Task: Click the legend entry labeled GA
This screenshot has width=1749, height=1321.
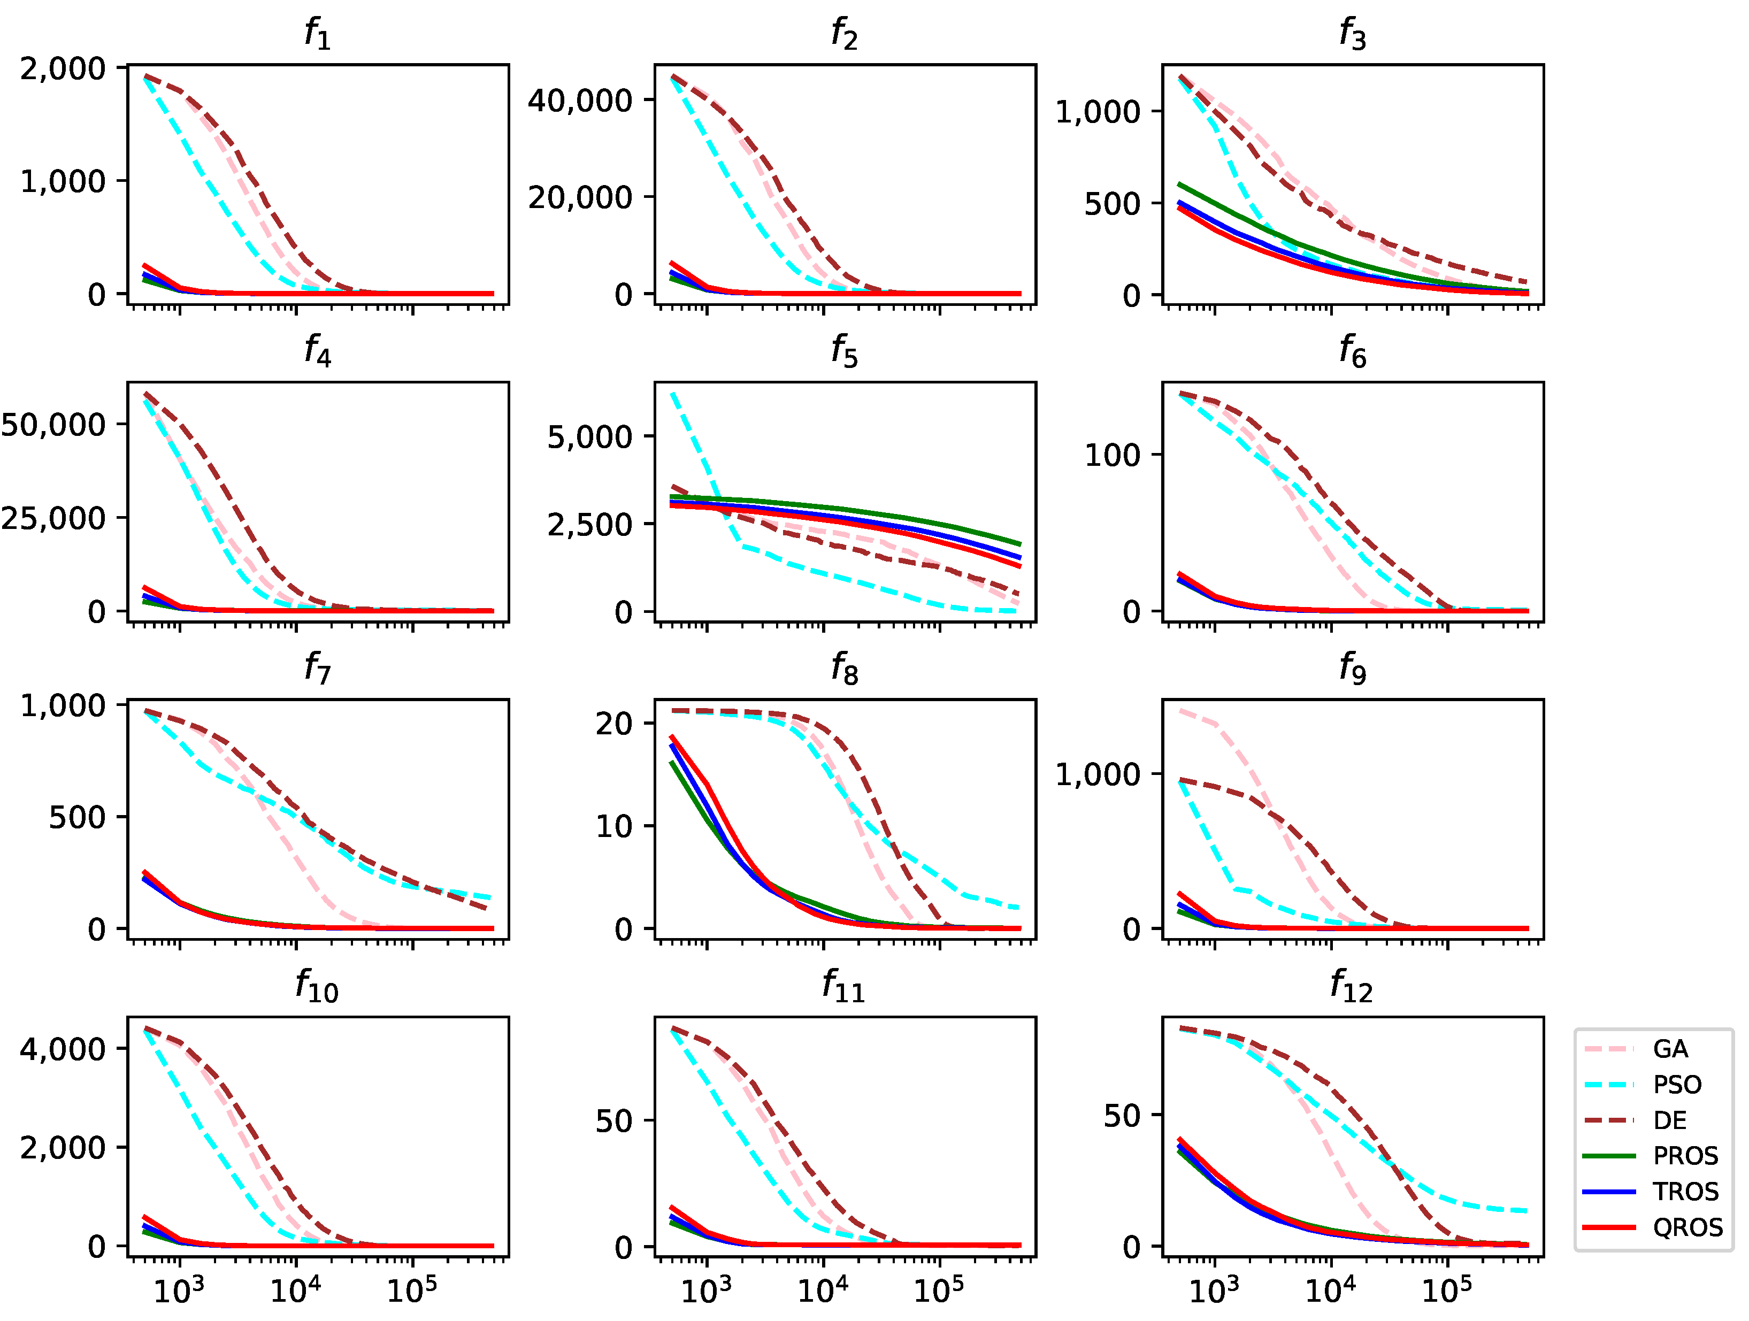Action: [x=1669, y=1049]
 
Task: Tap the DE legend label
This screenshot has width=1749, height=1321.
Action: [x=1669, y=1120]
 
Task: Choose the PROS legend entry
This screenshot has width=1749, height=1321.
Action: [x=1685, y=1156]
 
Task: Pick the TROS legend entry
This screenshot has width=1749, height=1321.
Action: [x=1685, y=1192]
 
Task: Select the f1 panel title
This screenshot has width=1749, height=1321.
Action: [x=317, y=33]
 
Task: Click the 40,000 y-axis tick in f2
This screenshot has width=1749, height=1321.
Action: [x=580, y=101]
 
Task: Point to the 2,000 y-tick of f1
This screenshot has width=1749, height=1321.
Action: [x=63, y=69]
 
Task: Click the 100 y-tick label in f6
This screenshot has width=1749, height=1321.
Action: [x=1111, y=455]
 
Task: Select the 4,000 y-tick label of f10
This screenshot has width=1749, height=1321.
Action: [x=63, y=1049]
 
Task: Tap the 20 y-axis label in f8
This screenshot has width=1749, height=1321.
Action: [x=613, y=724]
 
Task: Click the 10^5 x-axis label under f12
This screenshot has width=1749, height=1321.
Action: [x=1446, y=1291]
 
